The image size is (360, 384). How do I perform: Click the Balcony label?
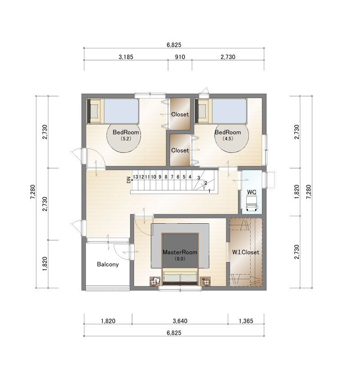click(x=108, y=264)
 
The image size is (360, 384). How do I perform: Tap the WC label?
click(x=252, y=192)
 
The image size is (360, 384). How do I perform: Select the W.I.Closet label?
click(x=245, y=252)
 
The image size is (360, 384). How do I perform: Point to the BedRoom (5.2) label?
click(x=126, y=135)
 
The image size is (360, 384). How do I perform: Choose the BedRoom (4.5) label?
click(x=228, y=135)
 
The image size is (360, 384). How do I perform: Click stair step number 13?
click(x=135, y=177)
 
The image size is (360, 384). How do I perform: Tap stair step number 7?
click(x=172, y=177)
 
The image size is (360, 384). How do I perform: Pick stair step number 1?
click(x=210, y=191)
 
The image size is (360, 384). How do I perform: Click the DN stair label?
click(x=129, y=180)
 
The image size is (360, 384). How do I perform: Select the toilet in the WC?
click(x=252, y=203)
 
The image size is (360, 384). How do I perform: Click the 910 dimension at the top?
click(x=180, y=57)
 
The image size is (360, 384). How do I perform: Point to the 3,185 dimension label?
click(x=126, y=57)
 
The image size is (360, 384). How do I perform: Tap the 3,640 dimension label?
click(x=180, y=321)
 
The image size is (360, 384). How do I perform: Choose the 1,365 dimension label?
click(x=246, y=321)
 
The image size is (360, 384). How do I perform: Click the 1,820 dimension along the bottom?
click(x=108, y=321)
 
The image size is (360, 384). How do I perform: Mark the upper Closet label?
click(x=180, y=114)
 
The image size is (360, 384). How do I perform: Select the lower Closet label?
click(x=180, y=150)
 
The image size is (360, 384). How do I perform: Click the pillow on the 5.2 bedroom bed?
click(x=94, y=111)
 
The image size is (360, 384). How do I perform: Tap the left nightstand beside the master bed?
click(x=155, y=281)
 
